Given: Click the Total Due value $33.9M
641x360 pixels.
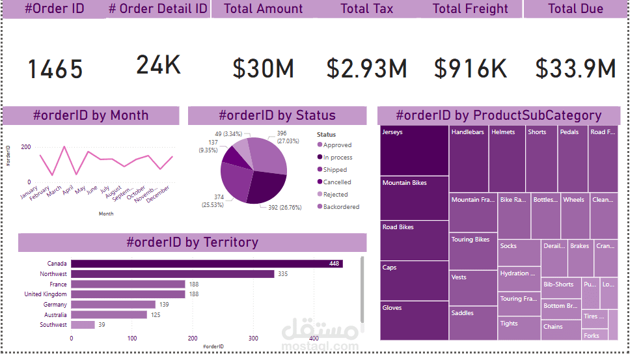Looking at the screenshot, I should click(x=575, y=68).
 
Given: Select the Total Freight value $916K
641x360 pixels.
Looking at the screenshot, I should click(x=471, y=68).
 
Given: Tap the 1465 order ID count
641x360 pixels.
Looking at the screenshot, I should click(x=55, y=69).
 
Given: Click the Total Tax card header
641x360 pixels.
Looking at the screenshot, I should click(x=367, y=9).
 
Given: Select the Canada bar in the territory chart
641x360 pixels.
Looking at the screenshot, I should click(x=206, y=264).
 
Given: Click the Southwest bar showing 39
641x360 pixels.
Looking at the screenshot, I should click(x=83, y=325).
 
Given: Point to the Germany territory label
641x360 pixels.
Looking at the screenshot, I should click(x=55, y=305).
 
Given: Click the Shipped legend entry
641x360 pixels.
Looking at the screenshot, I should click(x=335, y=170).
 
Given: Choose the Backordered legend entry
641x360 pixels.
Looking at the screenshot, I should click(x=341, y=207).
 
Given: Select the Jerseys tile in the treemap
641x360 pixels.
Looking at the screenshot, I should click(x=413, y=150).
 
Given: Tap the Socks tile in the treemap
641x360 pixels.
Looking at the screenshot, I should click(x=519, y=253).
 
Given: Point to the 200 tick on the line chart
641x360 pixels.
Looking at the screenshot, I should click(x=26, y=147).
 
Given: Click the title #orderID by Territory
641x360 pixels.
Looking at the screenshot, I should click(x=192, y=243).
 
